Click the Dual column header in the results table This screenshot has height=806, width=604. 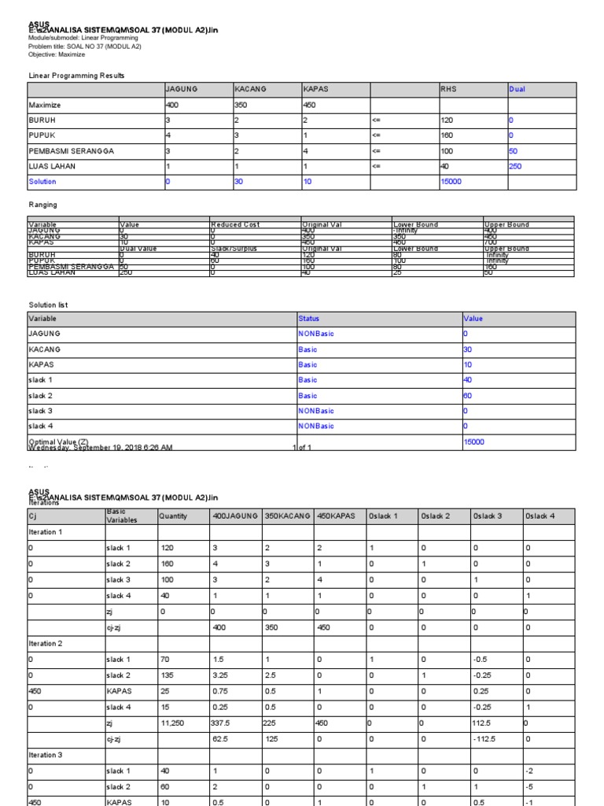[x=517, y=90]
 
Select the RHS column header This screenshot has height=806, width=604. [x=447, y=90]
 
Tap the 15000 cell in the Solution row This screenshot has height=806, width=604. [x=450, y=182]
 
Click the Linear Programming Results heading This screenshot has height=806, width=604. [x=76, y=76]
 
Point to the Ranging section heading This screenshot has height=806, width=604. [x=42, y=205]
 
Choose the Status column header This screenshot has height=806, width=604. [x=309, y=319]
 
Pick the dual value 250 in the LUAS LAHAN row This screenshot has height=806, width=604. [x=516, y=166]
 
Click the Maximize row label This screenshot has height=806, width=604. [x=45, y=105]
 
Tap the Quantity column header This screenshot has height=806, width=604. [x=173, y=516]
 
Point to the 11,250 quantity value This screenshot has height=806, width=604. [x=171, y=723]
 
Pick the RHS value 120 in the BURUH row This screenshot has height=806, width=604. [x=447, y=120]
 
